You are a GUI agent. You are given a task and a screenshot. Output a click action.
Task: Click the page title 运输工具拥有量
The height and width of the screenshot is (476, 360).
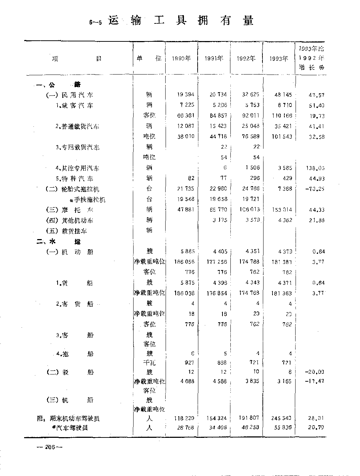tap(181, 21)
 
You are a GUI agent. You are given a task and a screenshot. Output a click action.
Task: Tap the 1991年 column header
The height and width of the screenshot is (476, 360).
tap(214, 58)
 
